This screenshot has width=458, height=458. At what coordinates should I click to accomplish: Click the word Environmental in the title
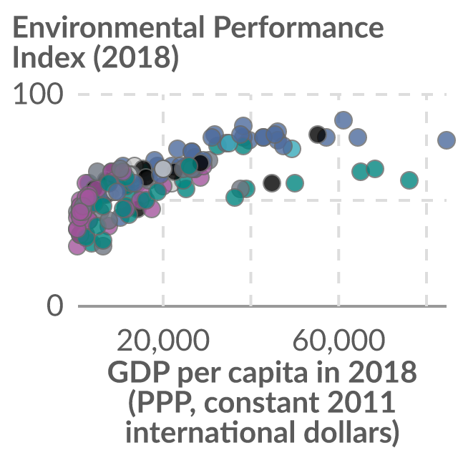(x=108, y=27)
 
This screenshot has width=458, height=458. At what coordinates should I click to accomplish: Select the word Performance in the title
(x=299, y=27)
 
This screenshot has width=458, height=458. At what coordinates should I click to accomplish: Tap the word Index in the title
(x=49, y=57)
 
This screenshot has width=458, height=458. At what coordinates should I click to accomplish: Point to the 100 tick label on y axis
(x=38, y=94)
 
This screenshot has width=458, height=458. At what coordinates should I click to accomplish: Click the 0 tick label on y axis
(x=55, y=306)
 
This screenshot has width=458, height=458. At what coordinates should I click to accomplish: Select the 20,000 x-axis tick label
(x=163, y=341)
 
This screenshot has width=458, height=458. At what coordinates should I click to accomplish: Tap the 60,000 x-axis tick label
(x=338, y=341)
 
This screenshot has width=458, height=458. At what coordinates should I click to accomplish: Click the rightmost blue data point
(x=447, y=140)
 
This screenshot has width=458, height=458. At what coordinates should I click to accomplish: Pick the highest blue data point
(x=343, y=120)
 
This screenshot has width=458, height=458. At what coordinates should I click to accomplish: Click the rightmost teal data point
(x=409, y=180)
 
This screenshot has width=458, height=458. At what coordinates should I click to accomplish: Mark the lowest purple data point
(x=77, y=246)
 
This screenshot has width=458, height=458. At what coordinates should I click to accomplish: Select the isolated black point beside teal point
(x=272, y=183)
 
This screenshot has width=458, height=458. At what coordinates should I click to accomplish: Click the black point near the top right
(x=318, y=135)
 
